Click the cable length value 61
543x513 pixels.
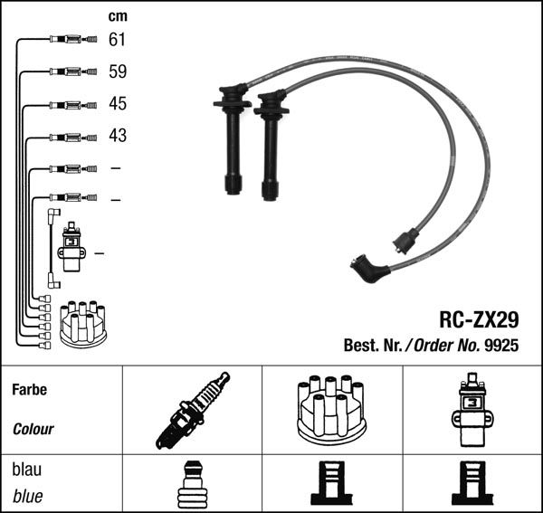[117, 40]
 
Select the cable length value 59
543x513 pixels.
[118, 71]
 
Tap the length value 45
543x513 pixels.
[118, 103]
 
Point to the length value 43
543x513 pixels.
[118, 136]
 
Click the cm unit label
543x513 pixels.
[118, 16]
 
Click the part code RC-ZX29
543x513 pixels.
[479, 320]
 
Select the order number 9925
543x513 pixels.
[501, 345]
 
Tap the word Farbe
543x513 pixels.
[30, 390]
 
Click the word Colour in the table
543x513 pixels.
[33, 429]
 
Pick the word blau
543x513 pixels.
[26, 470]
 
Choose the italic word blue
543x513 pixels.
[28, 497]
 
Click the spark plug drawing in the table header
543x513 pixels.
[193, 411]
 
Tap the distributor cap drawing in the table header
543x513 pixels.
[332, 411]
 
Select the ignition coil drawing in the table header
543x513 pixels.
[472, 410]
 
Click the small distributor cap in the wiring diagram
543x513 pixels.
[83, 324]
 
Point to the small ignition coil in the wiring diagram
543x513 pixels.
[71, 247]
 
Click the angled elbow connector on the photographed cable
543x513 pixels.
[369, 269]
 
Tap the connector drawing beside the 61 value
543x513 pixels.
[73, 40]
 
